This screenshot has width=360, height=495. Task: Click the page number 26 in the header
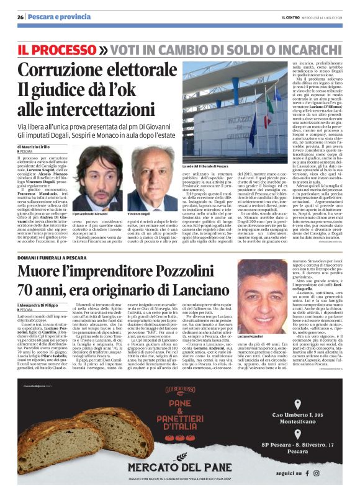[x=20, y=17]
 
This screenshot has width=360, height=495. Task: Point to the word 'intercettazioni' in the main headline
[x=100, y=109]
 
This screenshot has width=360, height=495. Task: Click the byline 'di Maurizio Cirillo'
[x=39, y=146]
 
